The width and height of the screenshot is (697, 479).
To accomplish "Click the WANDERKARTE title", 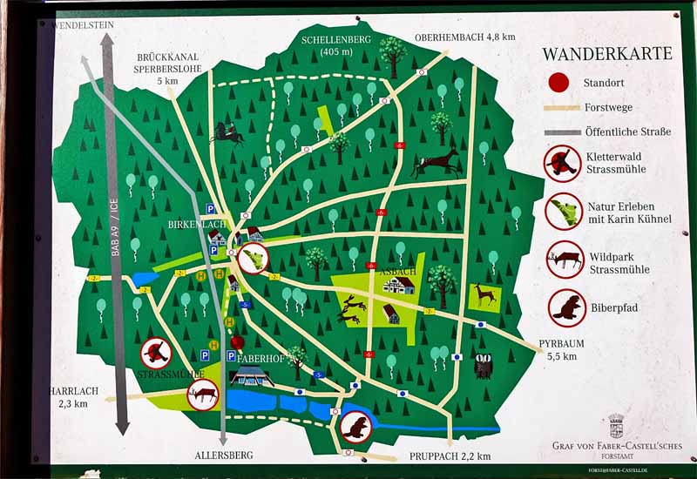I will [x=606, y=54].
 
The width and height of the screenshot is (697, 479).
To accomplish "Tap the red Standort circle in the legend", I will [x=558, y=83].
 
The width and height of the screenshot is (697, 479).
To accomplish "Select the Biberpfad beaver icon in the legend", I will [x=565, y=307].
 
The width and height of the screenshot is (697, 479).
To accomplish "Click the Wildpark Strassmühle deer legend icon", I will [x=565, y=260].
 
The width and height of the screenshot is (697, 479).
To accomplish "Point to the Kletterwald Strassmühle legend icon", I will [x=564, y=163].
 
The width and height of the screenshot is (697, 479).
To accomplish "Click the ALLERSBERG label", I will [x=224, y=455].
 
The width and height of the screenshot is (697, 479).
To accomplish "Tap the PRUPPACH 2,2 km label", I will [x=450, y=456].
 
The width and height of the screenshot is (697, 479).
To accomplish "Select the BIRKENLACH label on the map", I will [x=196, y=225].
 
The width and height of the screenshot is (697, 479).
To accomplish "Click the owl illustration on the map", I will [x=484, y=366].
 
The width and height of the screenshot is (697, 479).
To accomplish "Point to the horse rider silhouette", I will [x=227, y=133].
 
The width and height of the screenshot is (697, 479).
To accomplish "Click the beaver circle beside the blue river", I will [x=355, y=427].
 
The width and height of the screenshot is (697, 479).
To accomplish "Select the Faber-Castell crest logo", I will [x=616, y=425].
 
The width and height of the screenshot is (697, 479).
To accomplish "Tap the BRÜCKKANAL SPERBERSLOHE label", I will [x=168, y=68].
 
